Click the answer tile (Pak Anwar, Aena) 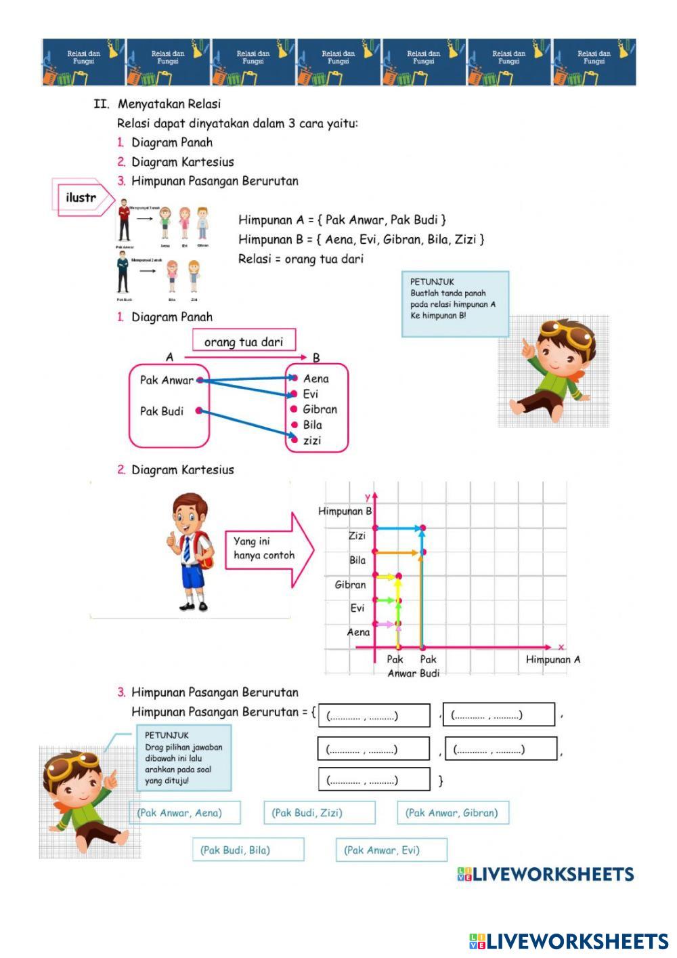[184, 812]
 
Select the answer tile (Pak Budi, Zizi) [319, 812]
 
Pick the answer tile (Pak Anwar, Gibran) [452, 812]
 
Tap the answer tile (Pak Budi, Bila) [248, 850]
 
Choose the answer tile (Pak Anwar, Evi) [391, 850]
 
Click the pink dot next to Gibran [294, 409]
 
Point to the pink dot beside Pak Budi [198, 411]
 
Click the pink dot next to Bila [294, 425]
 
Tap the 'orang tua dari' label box [244, 341]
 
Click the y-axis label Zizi [357, 536]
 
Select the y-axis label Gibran [350, 585]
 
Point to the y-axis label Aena [358, 632]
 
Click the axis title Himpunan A [552, 659]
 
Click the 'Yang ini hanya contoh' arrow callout [267, 549]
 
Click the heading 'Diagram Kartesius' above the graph [182, 470]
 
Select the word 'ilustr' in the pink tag [81, 198]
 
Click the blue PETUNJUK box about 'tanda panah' [455, 304]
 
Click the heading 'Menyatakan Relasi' [169, 104]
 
